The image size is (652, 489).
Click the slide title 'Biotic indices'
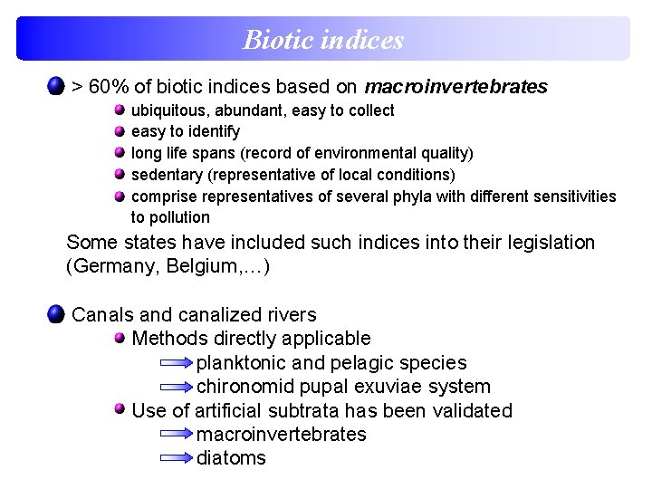point(323,40)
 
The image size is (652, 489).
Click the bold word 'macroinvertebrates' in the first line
point(455,88)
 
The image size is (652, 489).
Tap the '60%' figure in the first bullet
point(110,88)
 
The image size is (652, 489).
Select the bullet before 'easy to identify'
point(120,131)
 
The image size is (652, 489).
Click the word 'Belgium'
point(194,267)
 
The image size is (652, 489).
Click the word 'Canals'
point(102,315)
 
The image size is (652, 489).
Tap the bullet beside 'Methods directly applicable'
point(120,338)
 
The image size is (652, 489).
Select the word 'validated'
point(474,411)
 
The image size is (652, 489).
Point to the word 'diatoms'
point(232,458)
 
